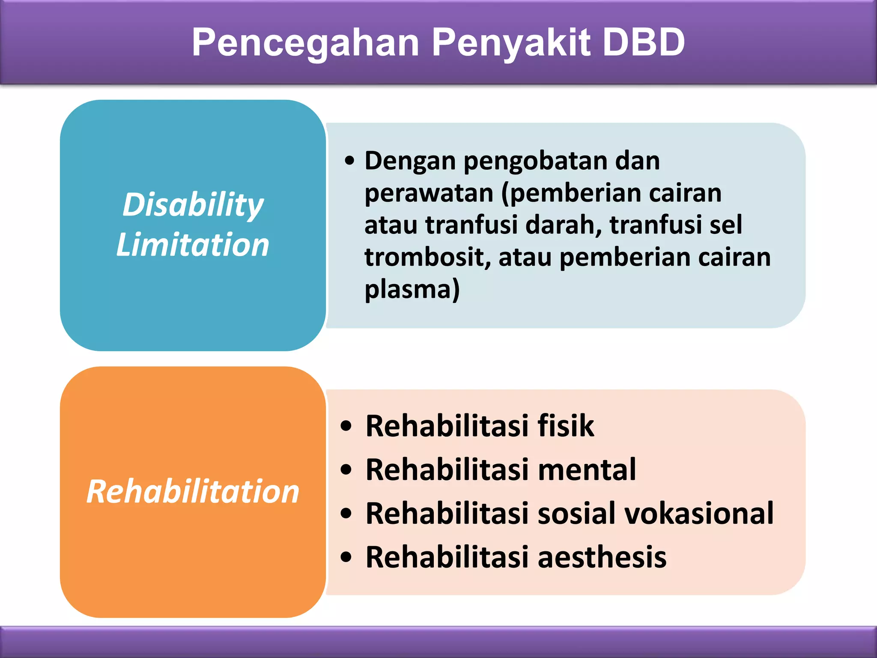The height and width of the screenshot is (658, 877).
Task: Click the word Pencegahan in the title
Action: [305, 43]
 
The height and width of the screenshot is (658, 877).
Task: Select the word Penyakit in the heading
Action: [511, 43]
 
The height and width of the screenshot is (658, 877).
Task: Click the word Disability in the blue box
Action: [193, 205]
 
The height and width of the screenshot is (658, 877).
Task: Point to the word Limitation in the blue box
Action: [193, 245]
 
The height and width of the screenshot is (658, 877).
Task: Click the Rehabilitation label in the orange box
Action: [193, 491]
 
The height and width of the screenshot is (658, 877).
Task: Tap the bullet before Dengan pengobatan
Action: [349, 161]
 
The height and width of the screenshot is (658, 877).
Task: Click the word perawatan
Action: [429, 193]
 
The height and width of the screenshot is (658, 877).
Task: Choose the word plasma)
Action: [412, 290]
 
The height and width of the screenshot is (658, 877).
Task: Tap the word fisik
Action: [566, 426]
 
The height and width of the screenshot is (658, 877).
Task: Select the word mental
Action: [587, 470]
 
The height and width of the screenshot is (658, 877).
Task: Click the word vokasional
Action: [699, 514]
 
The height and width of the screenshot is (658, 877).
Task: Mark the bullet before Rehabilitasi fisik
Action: [346, 427]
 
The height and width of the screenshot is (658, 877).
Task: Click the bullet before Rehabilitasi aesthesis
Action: [346, 557]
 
